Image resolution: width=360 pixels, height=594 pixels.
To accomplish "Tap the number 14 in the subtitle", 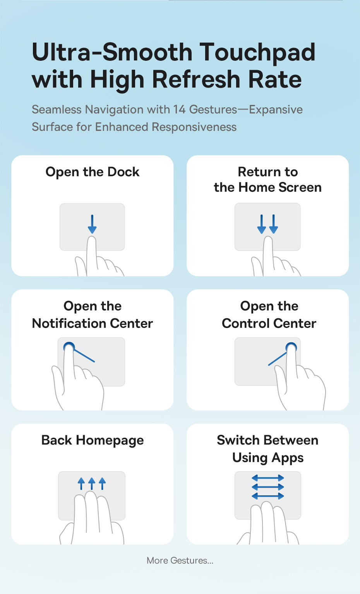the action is coord(180,110).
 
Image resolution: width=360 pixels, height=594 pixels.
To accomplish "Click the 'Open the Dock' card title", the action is coord(92,172).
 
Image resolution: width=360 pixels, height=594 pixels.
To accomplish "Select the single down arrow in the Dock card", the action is coord(92,224).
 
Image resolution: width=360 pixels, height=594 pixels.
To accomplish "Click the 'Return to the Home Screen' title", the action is coord(268,180).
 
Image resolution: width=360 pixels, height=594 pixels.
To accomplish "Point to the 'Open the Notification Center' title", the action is coord(92,315).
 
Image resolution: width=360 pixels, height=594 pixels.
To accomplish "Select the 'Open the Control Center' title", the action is coord(269,315).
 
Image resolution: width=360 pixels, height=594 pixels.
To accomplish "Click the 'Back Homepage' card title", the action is coord(92,440).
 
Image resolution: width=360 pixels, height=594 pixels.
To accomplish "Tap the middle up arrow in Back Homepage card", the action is coord(92,483).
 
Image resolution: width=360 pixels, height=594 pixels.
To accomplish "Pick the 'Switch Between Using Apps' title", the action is coord(268,449).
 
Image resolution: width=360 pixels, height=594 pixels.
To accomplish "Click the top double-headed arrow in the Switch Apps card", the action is coord(268,478).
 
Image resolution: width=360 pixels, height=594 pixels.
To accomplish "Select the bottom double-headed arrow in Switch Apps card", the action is coord(268,496).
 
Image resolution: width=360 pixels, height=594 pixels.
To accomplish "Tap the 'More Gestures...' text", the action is coord(180,561).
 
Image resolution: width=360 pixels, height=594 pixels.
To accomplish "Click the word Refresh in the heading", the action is coord(196,79).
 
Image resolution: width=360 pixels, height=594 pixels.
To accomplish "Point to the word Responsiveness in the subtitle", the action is coord(194,127).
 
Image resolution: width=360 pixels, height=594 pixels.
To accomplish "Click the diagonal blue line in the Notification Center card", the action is coord(84,356).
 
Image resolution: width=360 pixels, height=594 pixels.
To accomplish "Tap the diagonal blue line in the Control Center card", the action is coord(278,359).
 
